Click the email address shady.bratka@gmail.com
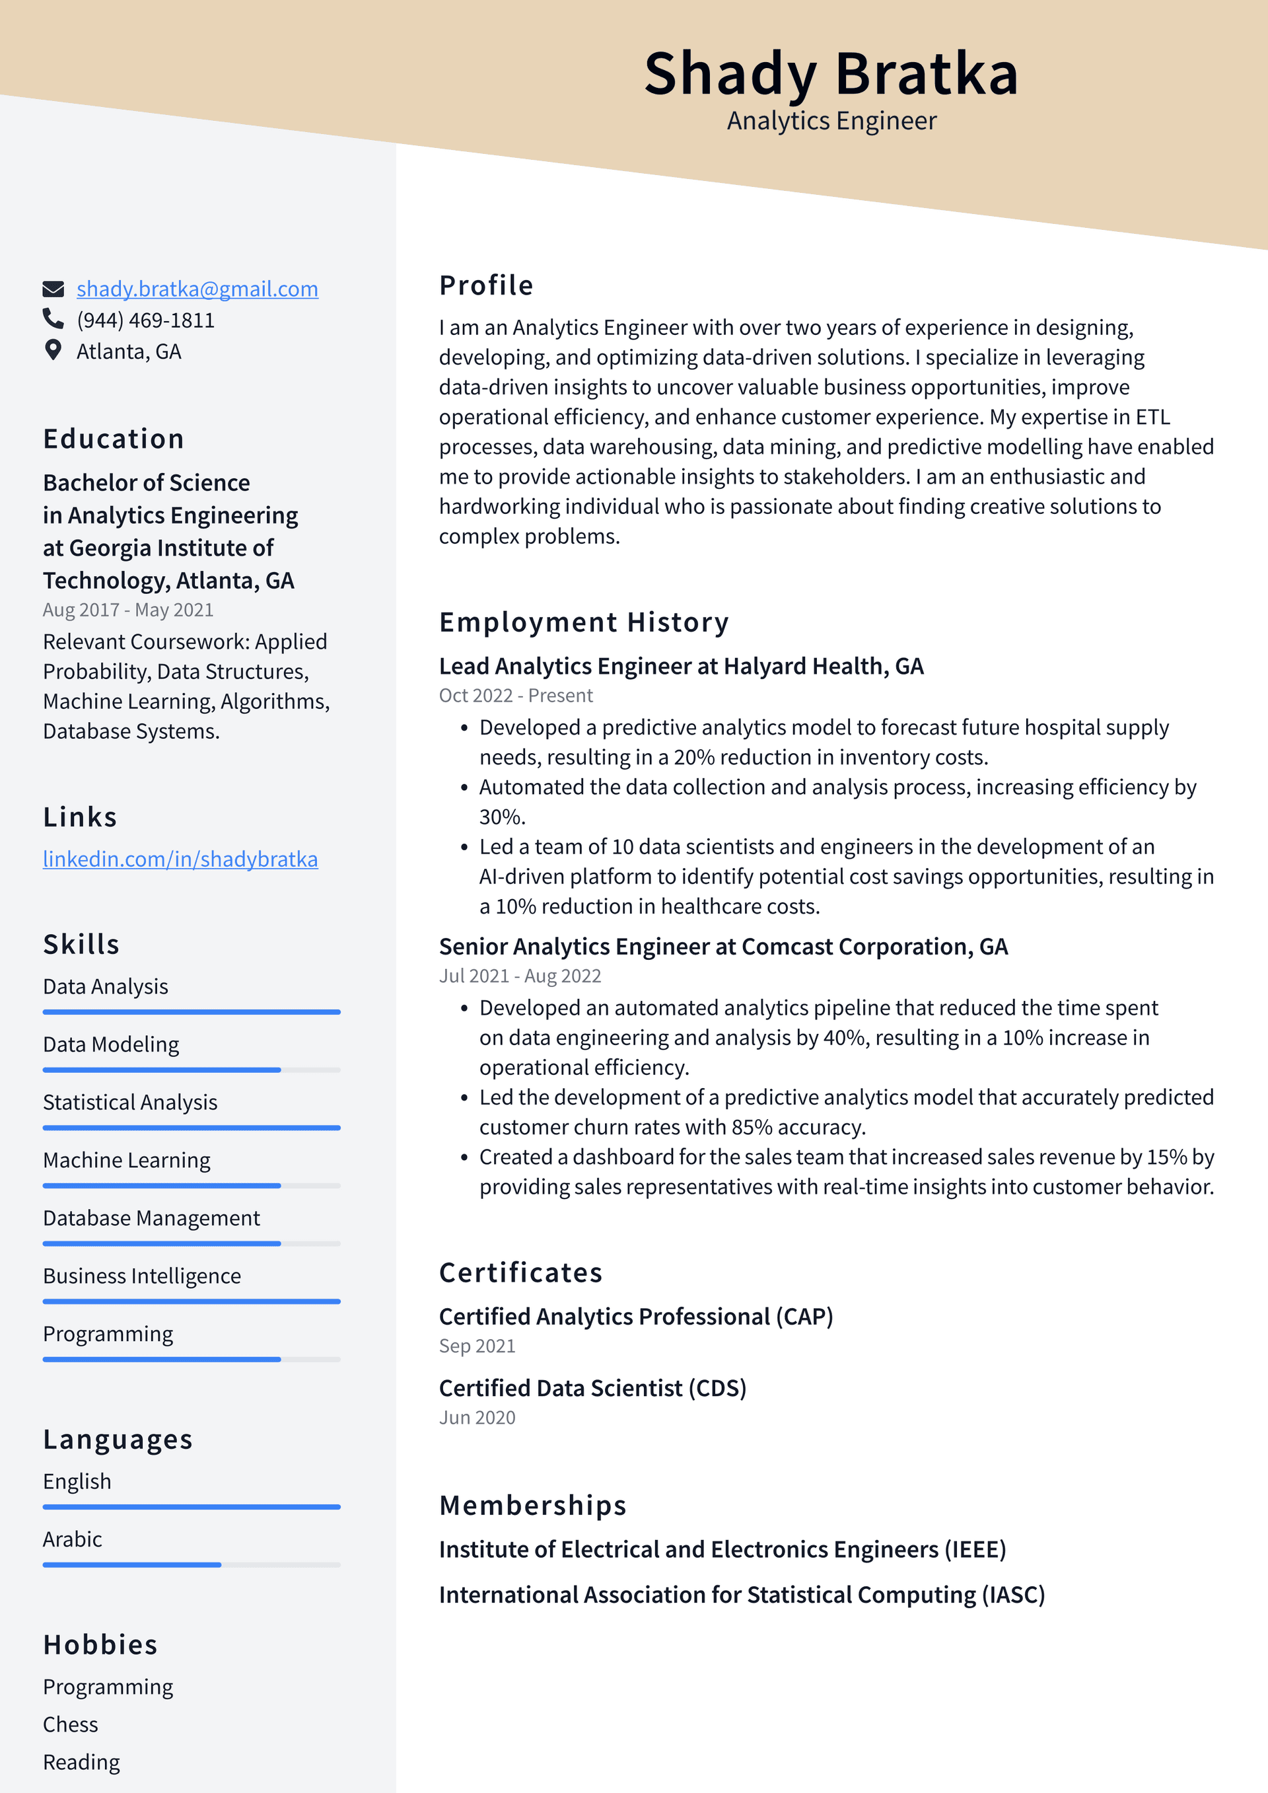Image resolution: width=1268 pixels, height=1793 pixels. pyautogui.click(x=197, y=289)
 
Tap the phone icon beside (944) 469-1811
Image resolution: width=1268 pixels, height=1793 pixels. pyautogui.click(x=53, y=318)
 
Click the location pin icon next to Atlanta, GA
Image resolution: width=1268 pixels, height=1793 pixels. pyautogui.click(x=53, y=350)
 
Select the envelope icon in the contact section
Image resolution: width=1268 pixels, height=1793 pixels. pyautogui.click(x=53, y=289)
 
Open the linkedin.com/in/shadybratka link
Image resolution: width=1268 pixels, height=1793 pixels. pyautogui.click(x=180, y=859)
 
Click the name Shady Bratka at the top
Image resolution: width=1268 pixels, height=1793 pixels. pyautogui.click(x=831, y=73)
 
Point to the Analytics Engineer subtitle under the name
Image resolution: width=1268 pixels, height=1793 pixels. pyautogui.click(x=831, y=121)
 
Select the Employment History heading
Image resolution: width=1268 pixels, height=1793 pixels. pyautogui.click(x=583, y=622)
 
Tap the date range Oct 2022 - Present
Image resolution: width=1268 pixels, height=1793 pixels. pyautogui.click(x=515, y=695)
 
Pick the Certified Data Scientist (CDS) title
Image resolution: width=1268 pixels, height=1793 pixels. pyautogui.click(x=592, y=1388)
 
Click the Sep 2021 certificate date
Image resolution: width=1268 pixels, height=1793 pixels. pyautogui.click(x=476, y=1346)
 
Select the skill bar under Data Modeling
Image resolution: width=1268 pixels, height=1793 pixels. pyautogui.click(x=192, y=1070)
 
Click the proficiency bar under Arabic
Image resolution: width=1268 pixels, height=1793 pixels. pyautogui.click(x=192, y=1565)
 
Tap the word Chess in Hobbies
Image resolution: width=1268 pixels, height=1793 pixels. pyautogui.click(x=70, y=1724)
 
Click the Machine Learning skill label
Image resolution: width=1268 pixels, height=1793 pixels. pyautogui.click(x=127, y=1161)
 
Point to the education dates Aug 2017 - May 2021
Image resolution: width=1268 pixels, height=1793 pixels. pyautogui.click(x=128, y=610)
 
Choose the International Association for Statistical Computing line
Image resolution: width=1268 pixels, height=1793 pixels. pyautogui.click(x=741, y=1595)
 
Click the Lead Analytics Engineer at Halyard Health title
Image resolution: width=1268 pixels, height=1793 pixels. pyautogui.click(x=681, y=666)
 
